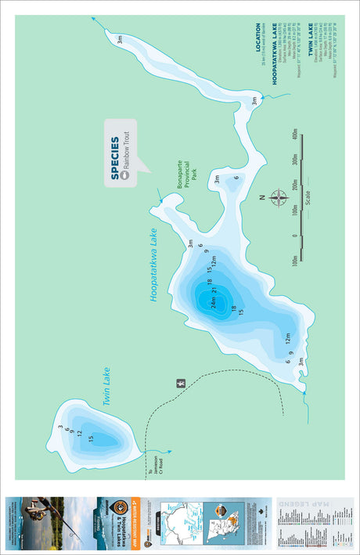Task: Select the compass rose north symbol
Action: (x=278, y=197)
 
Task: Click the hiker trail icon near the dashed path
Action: (x=180, y=384)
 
